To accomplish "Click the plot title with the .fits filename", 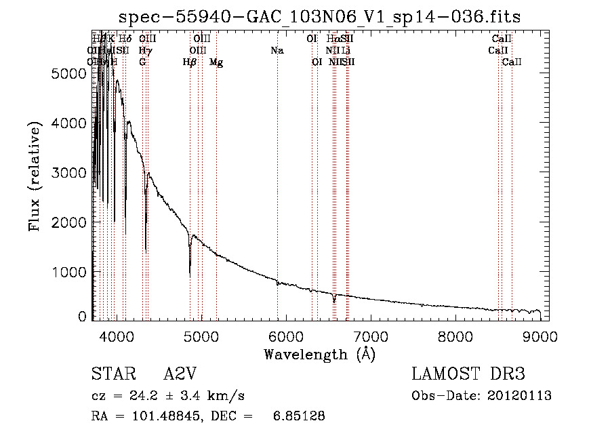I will click(321, 18).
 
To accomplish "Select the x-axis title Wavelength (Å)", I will click(319, 354).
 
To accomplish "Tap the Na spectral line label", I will click(277, 51).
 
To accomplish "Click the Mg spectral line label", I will click(216, 62).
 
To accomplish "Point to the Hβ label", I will click(190, 62).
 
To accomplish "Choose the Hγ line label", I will click(144, 51).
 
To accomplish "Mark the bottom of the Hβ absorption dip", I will click(190, 273).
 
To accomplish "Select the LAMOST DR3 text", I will click(468, 375).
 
